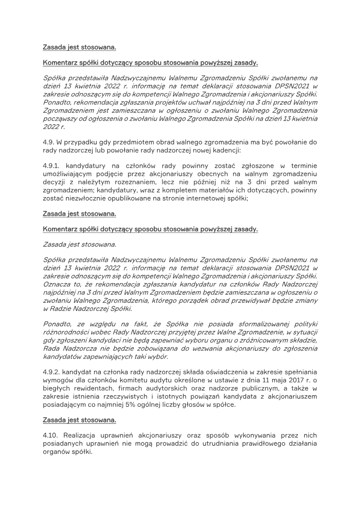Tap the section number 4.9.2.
pos(51,372)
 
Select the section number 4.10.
pos(51,435)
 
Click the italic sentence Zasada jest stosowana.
pos(79,244)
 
